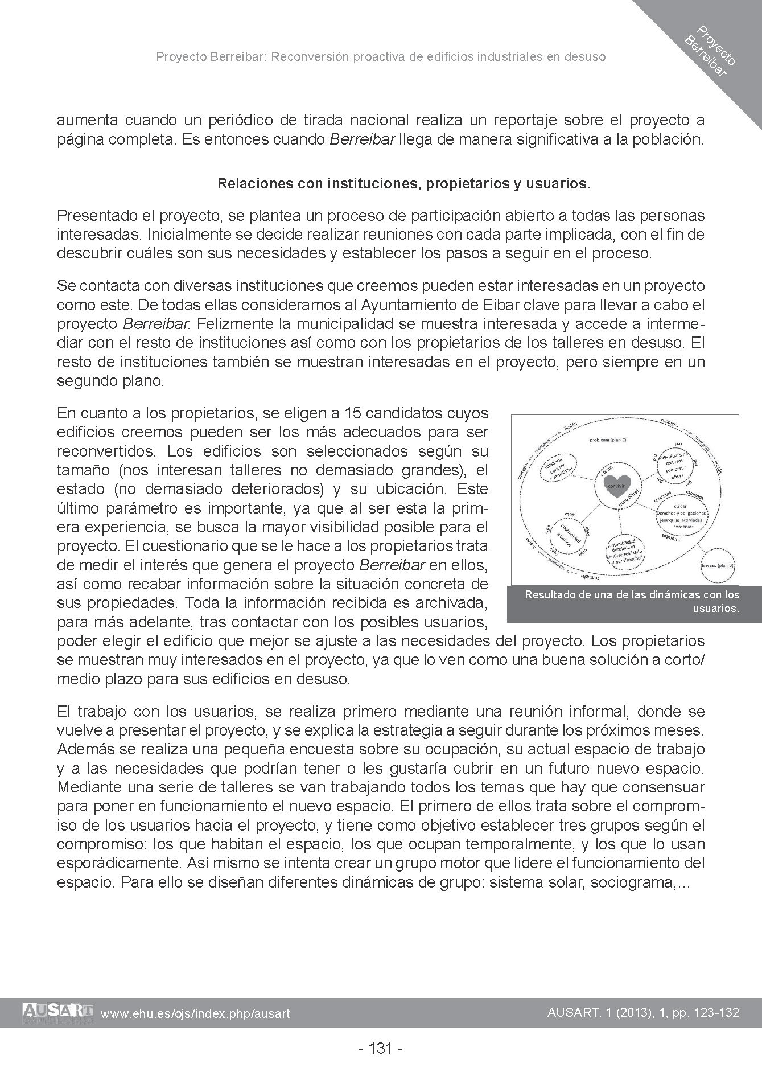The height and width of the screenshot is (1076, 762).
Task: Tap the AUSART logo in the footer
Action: pyautogui.click(x=58, y=1012)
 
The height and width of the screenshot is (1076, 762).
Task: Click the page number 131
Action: pyautogui.click(x=381, y=1048)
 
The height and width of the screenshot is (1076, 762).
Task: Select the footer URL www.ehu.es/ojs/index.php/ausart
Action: pyautogui.click(x=195, y=1013)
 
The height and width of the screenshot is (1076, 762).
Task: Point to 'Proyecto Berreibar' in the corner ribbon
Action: pyautogui.click(x=711, y=51)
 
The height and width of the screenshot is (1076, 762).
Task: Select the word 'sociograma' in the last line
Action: pyautogui.click(x=634, y=883)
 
